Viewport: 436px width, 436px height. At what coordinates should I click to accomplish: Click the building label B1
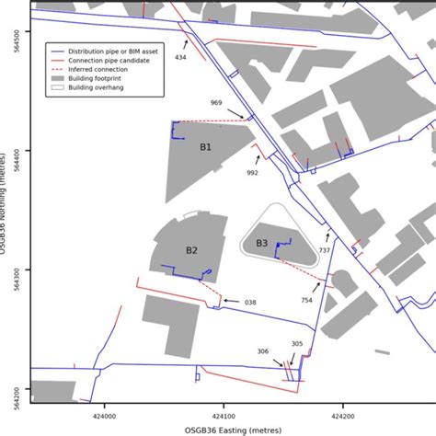[205, 146]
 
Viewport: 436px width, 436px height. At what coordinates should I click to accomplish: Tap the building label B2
[191, 250]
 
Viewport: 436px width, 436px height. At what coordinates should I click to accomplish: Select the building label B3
[262, 243]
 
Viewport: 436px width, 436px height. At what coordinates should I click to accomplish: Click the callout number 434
[180, 58]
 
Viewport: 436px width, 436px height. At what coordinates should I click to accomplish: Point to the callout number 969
[216, 102]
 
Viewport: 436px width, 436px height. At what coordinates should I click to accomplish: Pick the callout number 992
[252, 172]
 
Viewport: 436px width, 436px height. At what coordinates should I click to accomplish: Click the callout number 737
[324, 250]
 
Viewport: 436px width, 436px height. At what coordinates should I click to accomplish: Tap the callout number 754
[306, 299]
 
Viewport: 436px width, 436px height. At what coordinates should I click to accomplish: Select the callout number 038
[250, 302]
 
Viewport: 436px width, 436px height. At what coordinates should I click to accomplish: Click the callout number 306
[263, 351]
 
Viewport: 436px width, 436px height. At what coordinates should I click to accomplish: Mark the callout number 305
[296, 344]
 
